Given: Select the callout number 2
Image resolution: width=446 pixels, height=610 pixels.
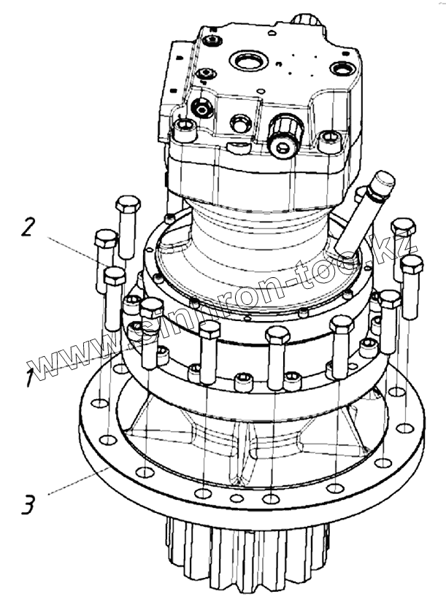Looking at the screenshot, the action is click(28, 227).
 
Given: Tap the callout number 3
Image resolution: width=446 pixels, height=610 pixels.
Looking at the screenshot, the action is click(27, 504).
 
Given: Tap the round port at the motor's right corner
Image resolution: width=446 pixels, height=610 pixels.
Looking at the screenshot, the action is click(340, 69).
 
